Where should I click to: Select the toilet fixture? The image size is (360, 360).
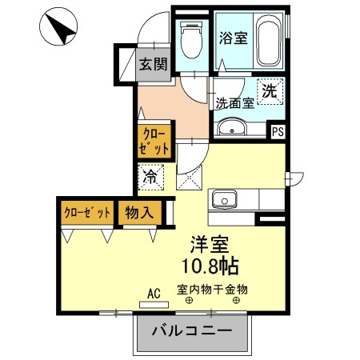[191, 39]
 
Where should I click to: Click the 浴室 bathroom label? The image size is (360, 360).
[234, 37]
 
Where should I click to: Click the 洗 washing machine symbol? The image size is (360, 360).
[270, 92]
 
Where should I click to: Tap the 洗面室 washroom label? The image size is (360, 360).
[234, 103]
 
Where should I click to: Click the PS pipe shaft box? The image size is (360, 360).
[278, 133]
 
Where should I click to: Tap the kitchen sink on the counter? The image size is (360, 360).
[222, 198]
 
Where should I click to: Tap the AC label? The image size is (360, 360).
[154, 293]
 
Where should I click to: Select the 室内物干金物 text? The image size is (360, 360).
[213, 290]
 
